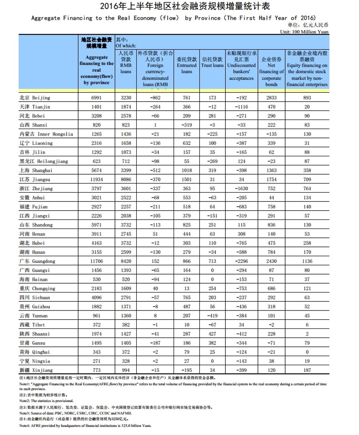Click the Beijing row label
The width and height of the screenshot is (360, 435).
(35, 98)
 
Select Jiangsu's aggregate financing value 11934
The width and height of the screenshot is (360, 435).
(97, 180)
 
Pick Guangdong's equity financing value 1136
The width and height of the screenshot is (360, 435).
(307, 262)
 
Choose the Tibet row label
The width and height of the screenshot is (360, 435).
(32, 325)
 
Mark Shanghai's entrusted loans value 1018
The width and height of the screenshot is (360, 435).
(186, 170)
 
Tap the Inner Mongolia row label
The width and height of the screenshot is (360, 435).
(46, 134)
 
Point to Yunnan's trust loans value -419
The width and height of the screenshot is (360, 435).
(212, 316)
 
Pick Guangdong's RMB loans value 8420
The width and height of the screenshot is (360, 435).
(125, 262)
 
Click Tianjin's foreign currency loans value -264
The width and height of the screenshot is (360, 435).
(155, 107)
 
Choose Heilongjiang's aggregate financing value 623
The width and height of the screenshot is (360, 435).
(97, 161)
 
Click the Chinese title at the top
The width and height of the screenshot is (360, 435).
(180, 6)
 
